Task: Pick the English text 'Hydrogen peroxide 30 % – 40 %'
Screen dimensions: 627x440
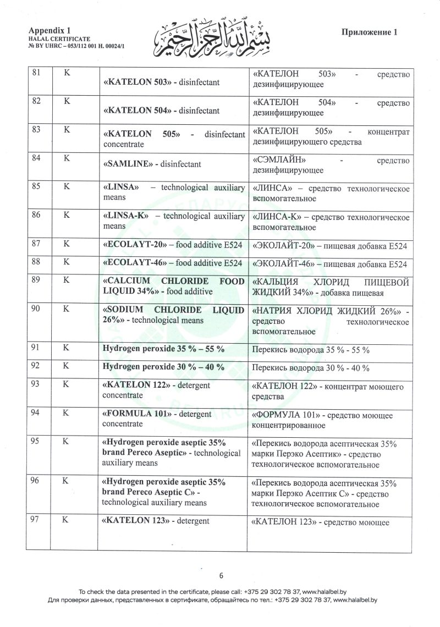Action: click(x=163, y=367)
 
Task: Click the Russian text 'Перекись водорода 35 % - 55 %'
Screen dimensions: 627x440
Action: click(x=310, y=350)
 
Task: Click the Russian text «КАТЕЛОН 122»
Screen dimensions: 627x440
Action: click(x=283, y=387)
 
